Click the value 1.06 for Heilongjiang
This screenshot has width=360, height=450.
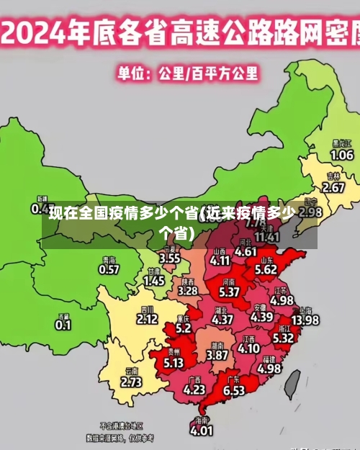[x=341, y=155]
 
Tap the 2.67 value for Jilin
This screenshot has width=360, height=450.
[x=333, y=187]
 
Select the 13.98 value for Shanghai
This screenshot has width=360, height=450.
[x=305, y=320]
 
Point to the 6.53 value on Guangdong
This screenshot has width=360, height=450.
[x=234, y=390]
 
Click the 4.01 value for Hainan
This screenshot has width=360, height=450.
[x=202, y=431]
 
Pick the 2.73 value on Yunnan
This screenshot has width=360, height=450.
[x=131, y=382]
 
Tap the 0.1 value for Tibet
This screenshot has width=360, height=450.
[x=63, y=325]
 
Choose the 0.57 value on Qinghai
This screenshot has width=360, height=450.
[x=109, y=269]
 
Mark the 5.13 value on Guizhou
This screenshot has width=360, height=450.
[x=174, y=363]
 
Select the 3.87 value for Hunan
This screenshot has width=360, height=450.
[x=217, y=355]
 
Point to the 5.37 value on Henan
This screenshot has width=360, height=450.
[x=229, y=292]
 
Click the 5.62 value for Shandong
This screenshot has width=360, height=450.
[x=266, y=269]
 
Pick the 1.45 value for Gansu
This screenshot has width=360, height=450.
[x=154, y=282]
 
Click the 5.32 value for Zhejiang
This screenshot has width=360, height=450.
[x=283, y=337]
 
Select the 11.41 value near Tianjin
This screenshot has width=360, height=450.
[x=267, y=236]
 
